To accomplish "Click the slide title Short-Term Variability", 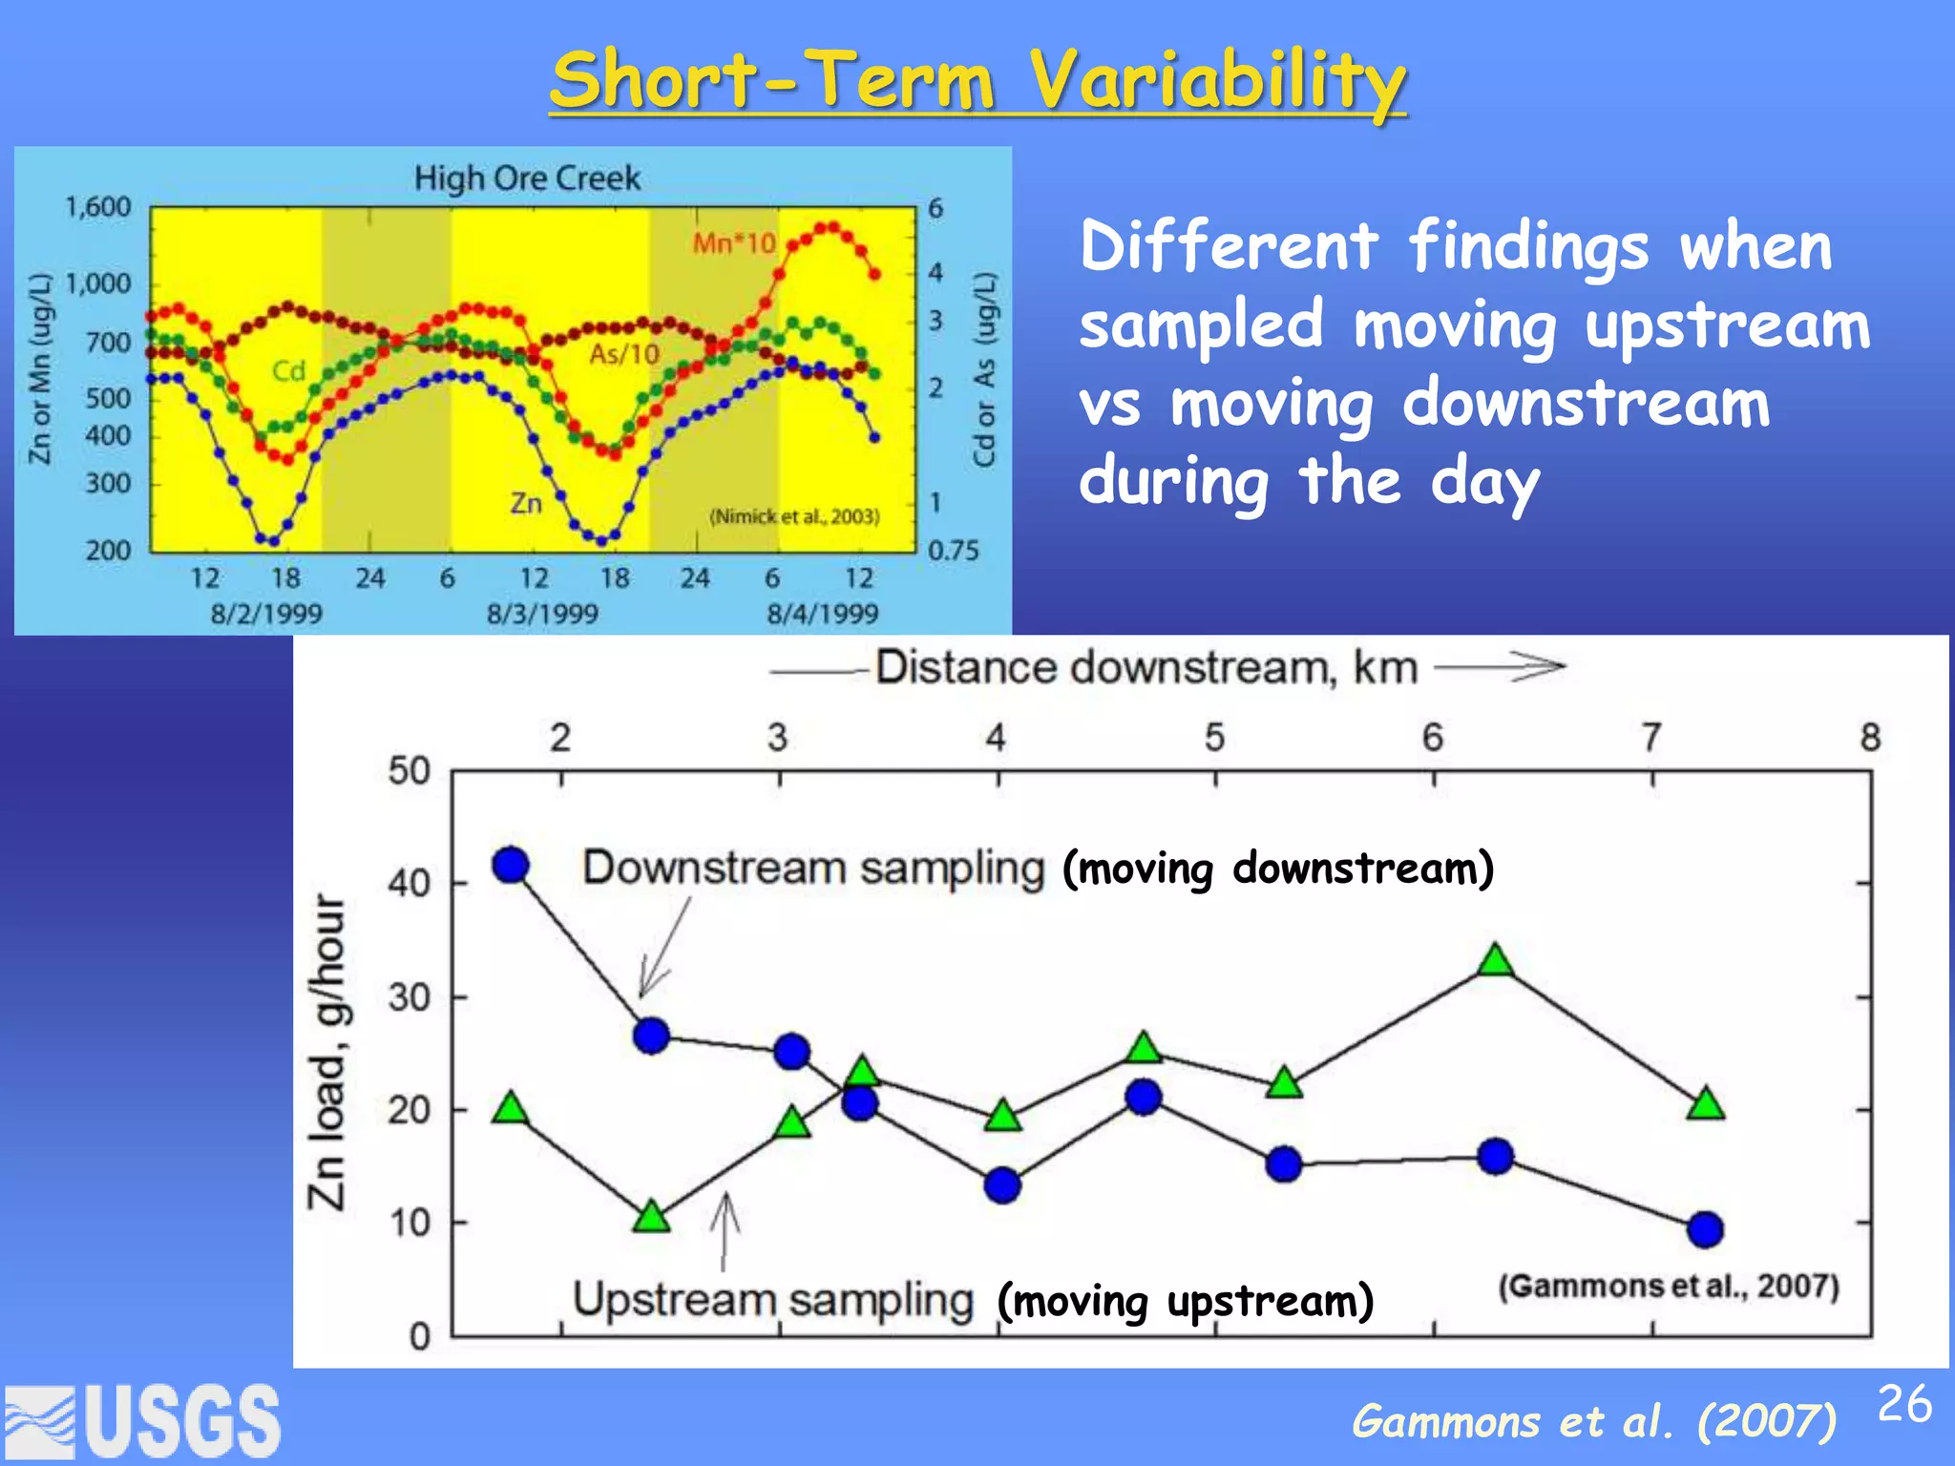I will tap(977, 80).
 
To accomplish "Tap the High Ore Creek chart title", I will tap(527, 178).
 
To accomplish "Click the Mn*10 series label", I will tap(734, 243).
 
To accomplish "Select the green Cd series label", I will tap(288, 370).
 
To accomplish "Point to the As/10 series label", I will tap(624, 354).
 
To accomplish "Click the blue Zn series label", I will tap(526, 503).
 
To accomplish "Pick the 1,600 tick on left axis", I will tap(97, 207).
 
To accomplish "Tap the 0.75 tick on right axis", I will tap(953, 551).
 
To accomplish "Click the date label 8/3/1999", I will tap(542, 613).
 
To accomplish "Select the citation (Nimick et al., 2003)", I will tap(794, 516).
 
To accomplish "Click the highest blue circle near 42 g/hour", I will tap(511, 865).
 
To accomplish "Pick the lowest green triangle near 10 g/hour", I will tap(652, 1217).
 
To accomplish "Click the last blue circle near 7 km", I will tap(1705, 1229).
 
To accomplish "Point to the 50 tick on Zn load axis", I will tap(409, 771).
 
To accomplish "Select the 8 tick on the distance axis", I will tap(1870, 737).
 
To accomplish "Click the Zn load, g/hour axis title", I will tap(326, 1051).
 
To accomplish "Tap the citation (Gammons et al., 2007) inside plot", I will tap(1668, 1286).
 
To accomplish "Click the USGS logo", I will tap(143, 1421).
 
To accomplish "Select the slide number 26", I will tap(1904, 1404).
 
